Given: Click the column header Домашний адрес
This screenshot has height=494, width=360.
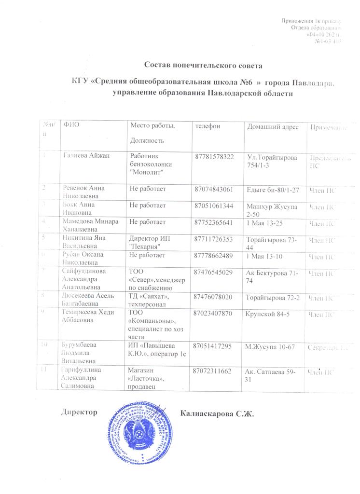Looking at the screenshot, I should click(273, 127).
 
